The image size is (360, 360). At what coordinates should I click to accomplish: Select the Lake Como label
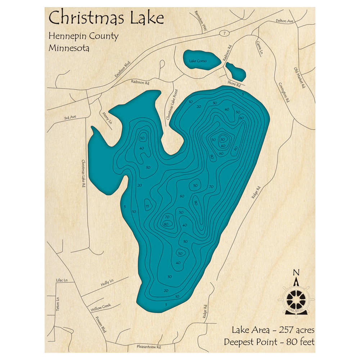pyautogui.click(x=198, y=61)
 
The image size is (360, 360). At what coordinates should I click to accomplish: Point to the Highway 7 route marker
pyautogui.click(x=224, y=33)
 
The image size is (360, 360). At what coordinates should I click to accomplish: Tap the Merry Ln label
pyautogui.click(x=107, y=118)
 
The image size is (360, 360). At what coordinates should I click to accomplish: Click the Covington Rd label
pyautogui.click(x=284, y=92)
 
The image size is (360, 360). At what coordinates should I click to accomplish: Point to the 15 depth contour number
pyautogui.click(x=148, y=206)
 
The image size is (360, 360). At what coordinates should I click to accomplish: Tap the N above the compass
pyautogui.click(x=296, y=272)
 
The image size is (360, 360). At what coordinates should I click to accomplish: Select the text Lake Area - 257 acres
pyautogui.click(x=273, y=330)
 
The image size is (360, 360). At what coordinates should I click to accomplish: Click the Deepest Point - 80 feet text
pyautogui.click(x=269, y=342)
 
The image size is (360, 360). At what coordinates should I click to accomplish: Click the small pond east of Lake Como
pyautogui.click(x=236, y=71)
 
